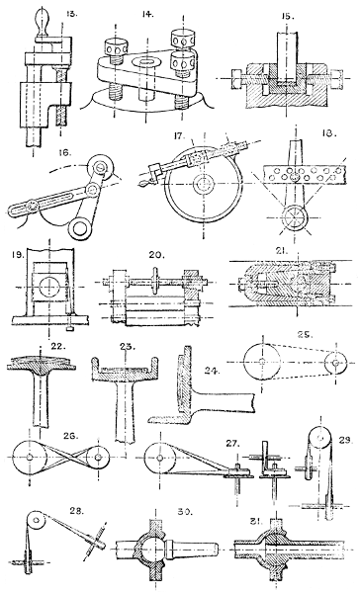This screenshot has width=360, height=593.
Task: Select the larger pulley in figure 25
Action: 263,364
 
